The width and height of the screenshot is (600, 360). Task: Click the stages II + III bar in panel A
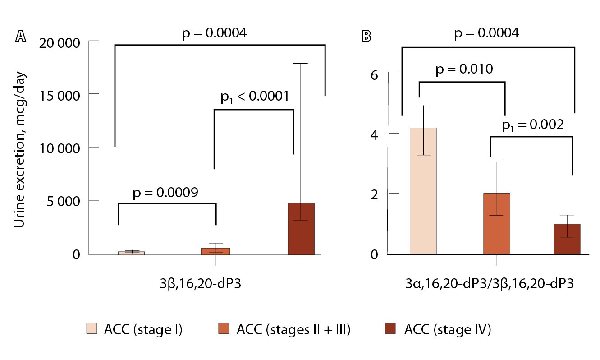215,251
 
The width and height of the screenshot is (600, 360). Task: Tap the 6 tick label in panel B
373,75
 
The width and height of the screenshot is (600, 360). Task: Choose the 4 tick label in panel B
373,134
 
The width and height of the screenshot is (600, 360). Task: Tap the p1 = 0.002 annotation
532,125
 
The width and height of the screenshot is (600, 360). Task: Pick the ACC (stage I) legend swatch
91,329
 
